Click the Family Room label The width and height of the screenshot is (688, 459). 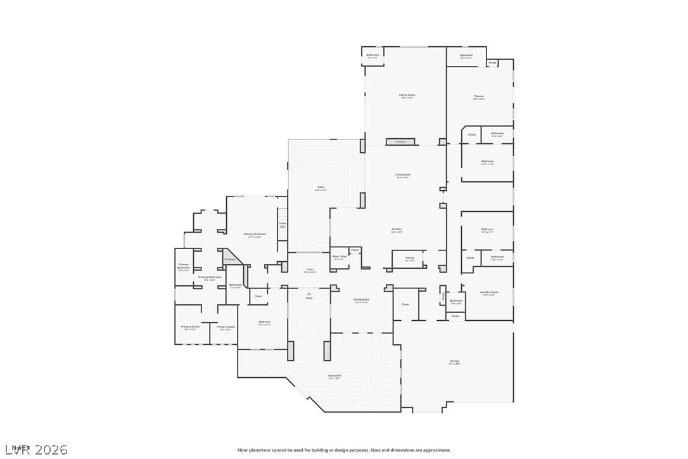pyautogui.click(x=407, y=95)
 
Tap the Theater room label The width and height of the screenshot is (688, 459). pyautogui.click(x=479, y=96)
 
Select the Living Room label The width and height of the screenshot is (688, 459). pyautogui.click(x=403, y=175)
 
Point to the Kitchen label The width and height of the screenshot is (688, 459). pyautogui.click(x=397, y=229)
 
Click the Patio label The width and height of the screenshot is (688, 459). pyautogui.click(x=321, y=187)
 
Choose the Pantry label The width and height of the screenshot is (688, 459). pyautogui.click(x=410, y=258)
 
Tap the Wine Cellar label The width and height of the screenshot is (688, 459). pyautogui.click(x=339, y=257)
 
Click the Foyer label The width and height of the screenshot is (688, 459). pyautogui.click(x=310, y=270)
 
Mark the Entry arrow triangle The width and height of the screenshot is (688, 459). pyautogui.click(x=309, y=294)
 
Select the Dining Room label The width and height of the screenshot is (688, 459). pyautogui.click(x=361, y=300)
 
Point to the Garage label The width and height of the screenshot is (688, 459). pyautogui.click(x=454, y=361)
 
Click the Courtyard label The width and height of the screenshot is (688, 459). pyautogui.click(x=334, y=376)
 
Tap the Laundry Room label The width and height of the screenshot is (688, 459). pyautogui.click(x=489, y=292)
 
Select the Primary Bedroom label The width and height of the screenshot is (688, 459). pyautogui.click(x=254, y=235)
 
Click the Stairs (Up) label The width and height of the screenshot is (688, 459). pyautogui.click(x=283, y=224)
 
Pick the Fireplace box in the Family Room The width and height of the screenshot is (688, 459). pyautogui.click(x=400, y=142)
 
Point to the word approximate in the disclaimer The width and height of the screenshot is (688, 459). pyautogui.click(x=436, y=450)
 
